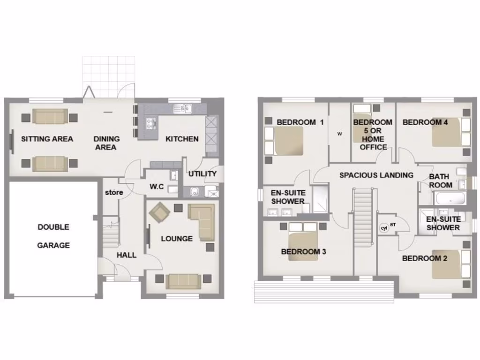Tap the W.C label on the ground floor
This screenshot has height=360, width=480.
(156, 187)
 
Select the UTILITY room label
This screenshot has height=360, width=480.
(202, 174)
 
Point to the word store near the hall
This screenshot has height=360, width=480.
(114, 192)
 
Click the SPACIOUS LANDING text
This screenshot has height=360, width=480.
(376, 175)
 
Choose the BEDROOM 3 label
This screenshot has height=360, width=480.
(303, 252)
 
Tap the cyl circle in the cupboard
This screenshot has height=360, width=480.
(384, 228)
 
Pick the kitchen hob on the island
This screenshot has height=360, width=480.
(151, 123)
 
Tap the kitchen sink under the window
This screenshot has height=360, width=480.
(181, 109)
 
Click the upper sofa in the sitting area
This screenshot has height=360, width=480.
(50, 116)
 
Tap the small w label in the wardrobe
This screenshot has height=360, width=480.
(340, 134)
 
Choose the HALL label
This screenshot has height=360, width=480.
(127, 255)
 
